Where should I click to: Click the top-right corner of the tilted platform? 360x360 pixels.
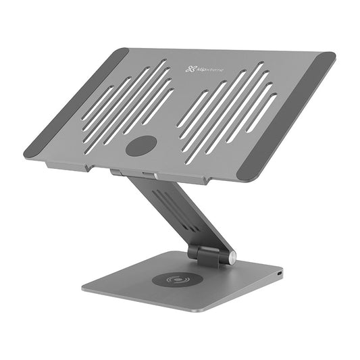(331, 55)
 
